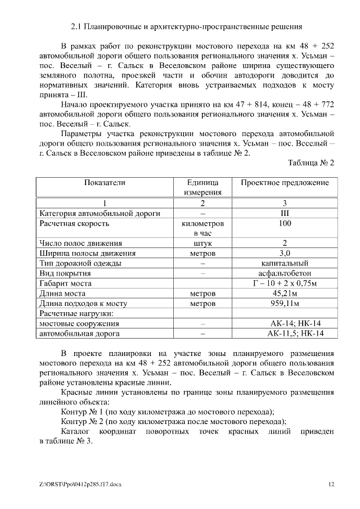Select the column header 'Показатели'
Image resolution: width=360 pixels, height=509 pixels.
(x=105, y=183)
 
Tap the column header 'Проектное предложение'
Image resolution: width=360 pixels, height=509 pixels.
(x=285, y=183)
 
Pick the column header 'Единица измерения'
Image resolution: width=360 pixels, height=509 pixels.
(x=202, y=187)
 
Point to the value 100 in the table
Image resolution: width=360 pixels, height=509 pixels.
(x=285, y=224)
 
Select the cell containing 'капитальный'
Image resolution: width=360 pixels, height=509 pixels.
(x=285, y=263)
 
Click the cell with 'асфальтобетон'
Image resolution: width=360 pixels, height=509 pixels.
(x=285, y=273)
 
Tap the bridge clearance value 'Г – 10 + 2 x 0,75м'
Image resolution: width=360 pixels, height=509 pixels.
(x=285, y=283)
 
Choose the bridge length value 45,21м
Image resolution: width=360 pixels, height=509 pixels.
(x=285, y=294)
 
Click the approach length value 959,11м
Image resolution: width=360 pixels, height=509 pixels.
(x=285, y=304)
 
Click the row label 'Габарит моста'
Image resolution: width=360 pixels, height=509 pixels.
(x=65, y=283)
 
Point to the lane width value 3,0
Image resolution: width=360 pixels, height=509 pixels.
(x=285, y=253)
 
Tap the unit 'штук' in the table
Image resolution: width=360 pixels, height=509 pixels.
(x=202, y=244)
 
